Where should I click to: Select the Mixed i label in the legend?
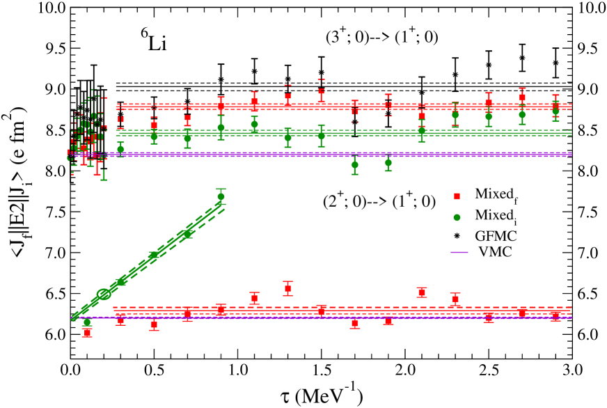coord(495,216)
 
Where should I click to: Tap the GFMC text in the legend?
coord(496,236)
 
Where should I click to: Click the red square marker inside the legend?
coord(457,196)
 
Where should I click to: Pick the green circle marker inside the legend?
coord(457,217)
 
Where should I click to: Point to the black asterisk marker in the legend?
coord(457,236)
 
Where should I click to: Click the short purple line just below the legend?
coord(459,252)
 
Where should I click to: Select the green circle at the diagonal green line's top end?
coord(221,196)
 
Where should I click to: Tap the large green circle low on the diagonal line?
coord(104,294)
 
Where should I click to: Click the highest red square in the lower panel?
coord(287,288)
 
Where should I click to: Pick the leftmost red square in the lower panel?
coord(87,332)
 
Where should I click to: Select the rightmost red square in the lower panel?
coord(555,315)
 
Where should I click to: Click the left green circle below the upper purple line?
coord(354,164)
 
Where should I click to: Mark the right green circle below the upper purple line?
coord(388,163)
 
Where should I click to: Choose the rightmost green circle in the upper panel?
coord(555,111)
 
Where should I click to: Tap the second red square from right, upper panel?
coord(522,97)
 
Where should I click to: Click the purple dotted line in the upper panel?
coord(334,155)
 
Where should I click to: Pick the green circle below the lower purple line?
coord(87,322)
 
